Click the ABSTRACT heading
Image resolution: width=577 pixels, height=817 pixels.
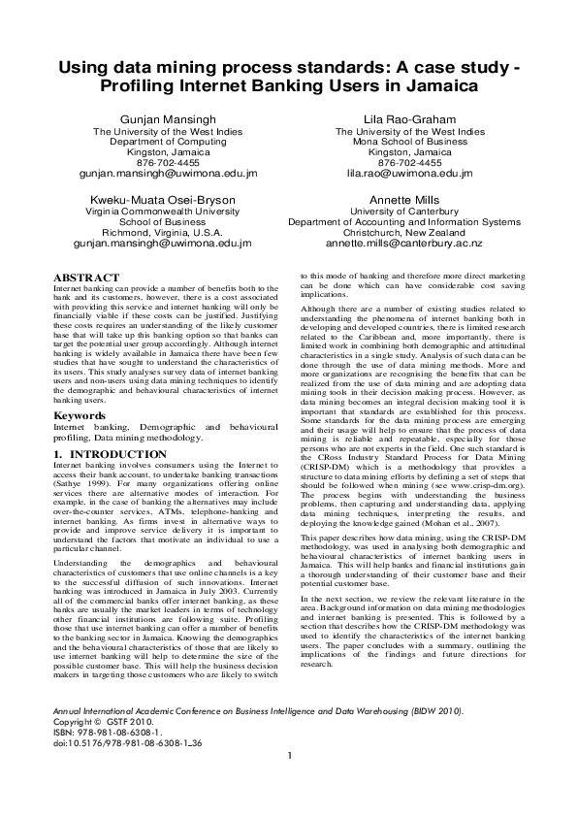point(86,278)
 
